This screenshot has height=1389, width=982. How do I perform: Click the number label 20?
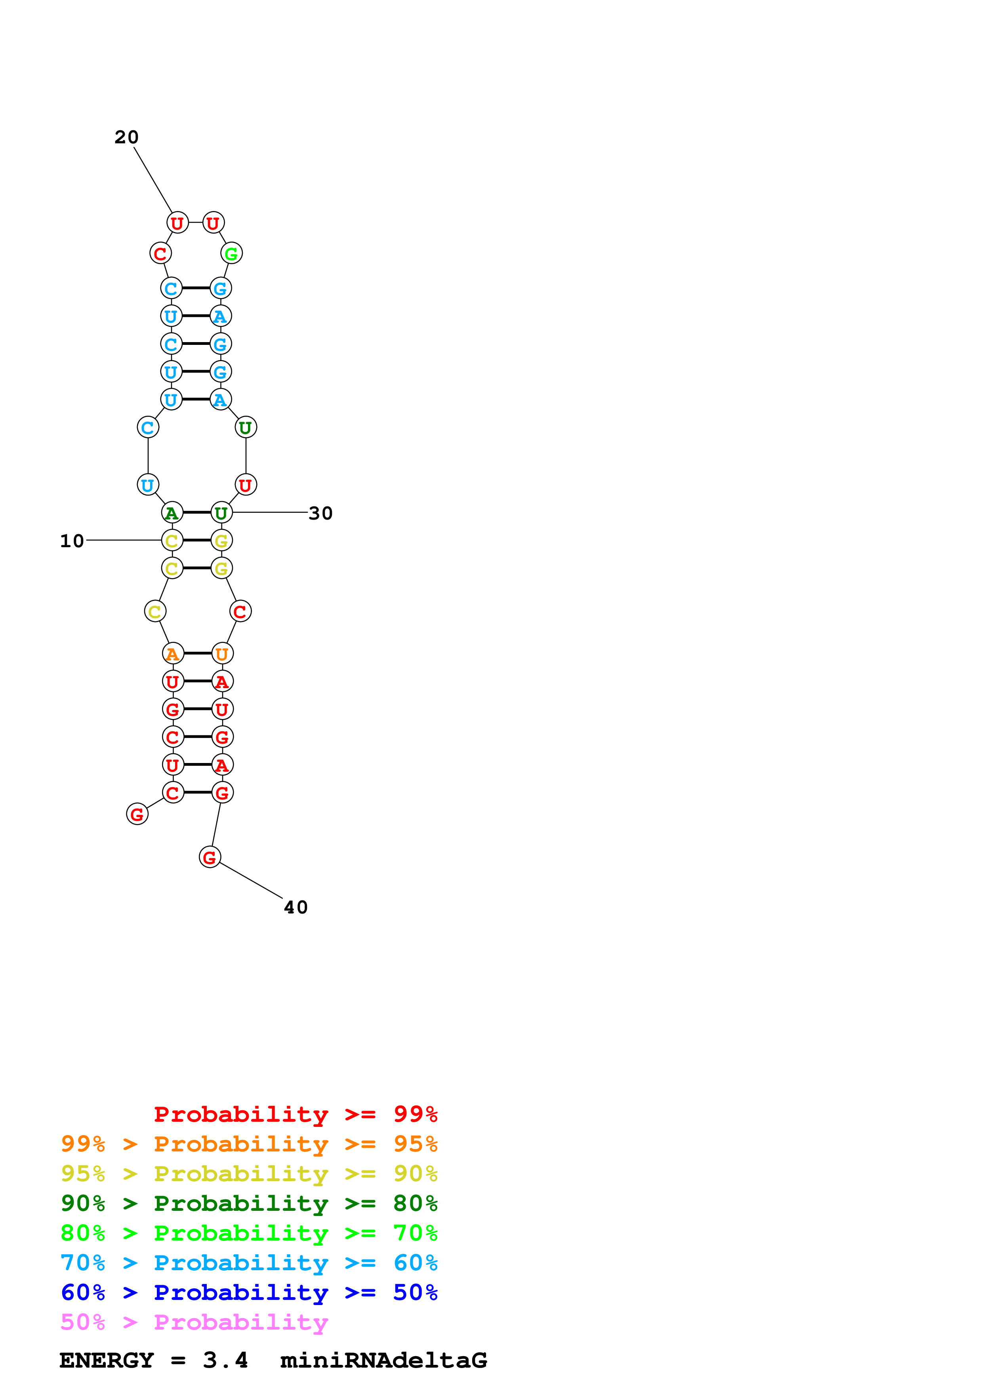(x=126, y=137)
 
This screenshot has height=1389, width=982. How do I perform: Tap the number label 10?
(x=72, y=541)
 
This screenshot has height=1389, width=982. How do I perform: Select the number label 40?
(x=296, y=908)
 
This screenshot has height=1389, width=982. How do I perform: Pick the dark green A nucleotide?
(x=172, y=513)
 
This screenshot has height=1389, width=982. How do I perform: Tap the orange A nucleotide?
(x=173, y=654)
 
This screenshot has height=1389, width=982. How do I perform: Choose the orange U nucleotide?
(x=222, y=654)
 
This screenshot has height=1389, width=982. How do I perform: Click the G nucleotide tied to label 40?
(x=210, y=857)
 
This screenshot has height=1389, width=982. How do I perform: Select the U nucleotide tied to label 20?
(x=177, y=223)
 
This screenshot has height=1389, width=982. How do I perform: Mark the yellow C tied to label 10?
(x=172, y=541)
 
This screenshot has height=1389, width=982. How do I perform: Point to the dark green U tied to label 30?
(x=221, y=513)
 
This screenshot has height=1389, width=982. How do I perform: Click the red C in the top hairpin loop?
(x=160, y=253)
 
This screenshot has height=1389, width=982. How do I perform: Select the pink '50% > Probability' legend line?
(x=194, y=1322)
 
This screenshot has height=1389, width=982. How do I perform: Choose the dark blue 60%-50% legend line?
(x=249, y=1292)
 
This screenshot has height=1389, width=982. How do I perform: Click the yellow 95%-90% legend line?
(x=249, y=1173)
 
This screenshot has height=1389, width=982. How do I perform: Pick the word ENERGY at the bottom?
(x=107, y=1360)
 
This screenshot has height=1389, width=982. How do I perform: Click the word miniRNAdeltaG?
(x=383, y=1360)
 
